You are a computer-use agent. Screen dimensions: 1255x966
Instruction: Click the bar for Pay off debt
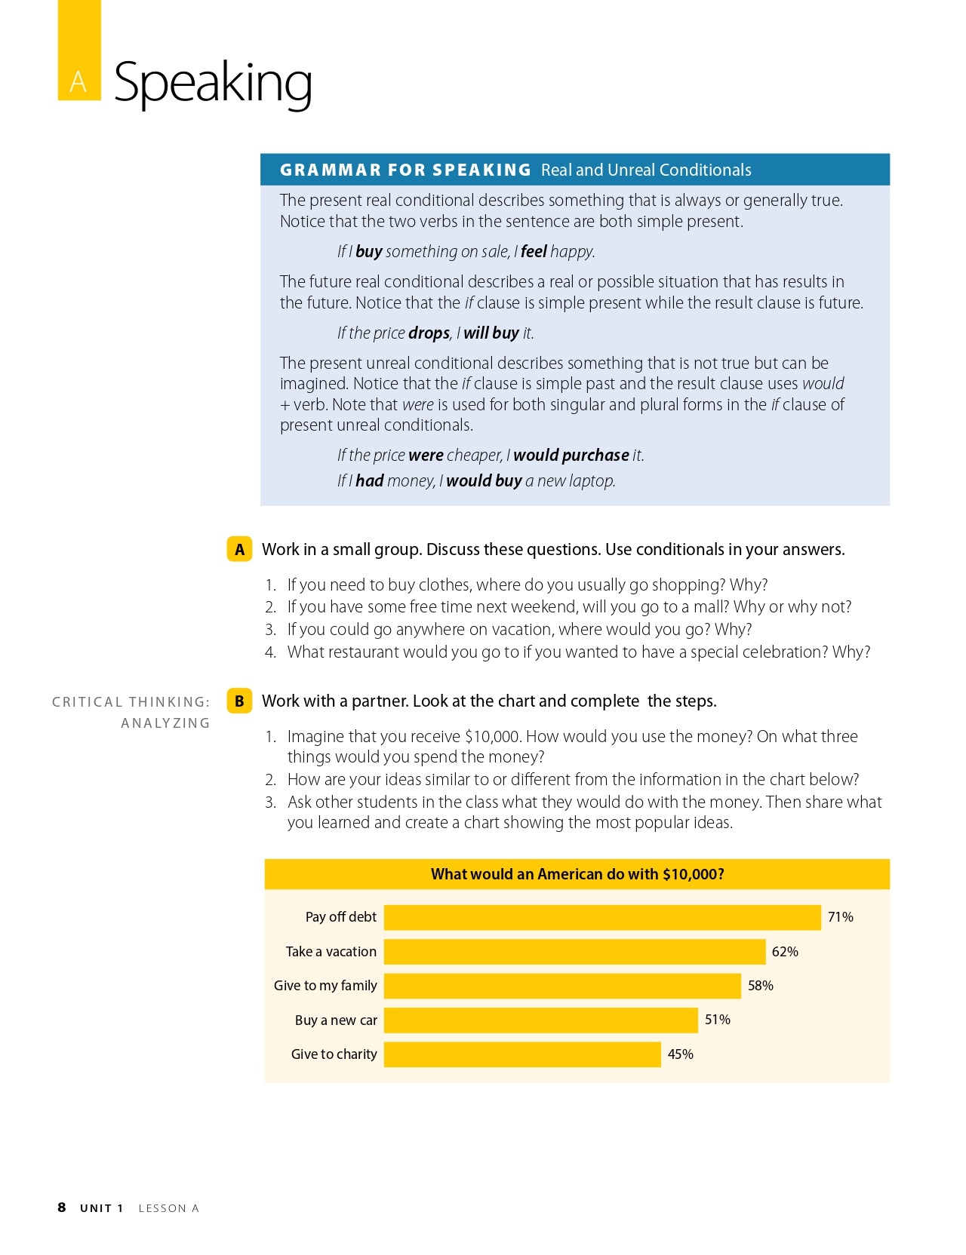[601, 917]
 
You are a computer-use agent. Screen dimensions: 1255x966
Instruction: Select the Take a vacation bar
[574, 952]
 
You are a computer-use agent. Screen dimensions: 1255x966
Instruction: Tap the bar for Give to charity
[522, 1054]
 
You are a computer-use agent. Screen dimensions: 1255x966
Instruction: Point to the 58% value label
[760, 986]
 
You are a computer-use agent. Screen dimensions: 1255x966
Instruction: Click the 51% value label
[717, 1020]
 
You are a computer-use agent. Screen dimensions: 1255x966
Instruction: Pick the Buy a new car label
[336, 1020]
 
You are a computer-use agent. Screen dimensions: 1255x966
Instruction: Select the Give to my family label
[325, 986]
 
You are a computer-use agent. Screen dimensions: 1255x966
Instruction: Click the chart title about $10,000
[577, 874]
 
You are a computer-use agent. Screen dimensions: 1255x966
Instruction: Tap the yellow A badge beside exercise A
[239, 550]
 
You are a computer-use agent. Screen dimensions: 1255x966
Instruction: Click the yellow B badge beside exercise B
[239, 701]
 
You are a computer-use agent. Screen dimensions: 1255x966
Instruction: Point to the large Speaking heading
[213, 82]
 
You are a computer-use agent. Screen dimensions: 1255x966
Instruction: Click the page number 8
[62, 1207]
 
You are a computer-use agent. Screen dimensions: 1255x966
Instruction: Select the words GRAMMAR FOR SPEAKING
[405, 170]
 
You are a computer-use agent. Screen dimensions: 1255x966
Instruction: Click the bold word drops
[429, 333]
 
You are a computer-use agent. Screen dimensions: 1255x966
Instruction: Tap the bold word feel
[534, 252]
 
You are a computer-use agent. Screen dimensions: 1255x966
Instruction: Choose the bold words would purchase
[571, 456]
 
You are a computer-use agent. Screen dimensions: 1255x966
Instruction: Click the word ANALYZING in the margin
[165, 723]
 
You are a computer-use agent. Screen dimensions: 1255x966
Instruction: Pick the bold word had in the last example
[370, 481]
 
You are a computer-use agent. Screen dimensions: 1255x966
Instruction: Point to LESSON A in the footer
[168, 1208]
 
